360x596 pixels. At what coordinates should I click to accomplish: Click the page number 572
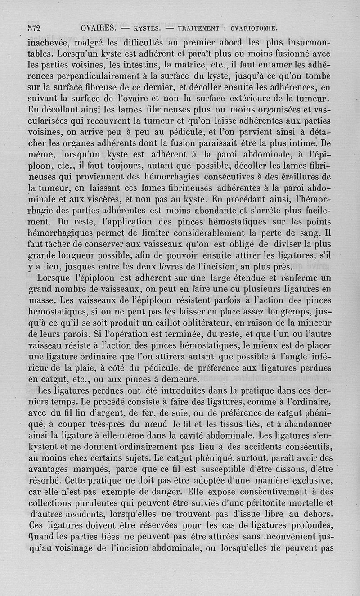coord(34,28)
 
